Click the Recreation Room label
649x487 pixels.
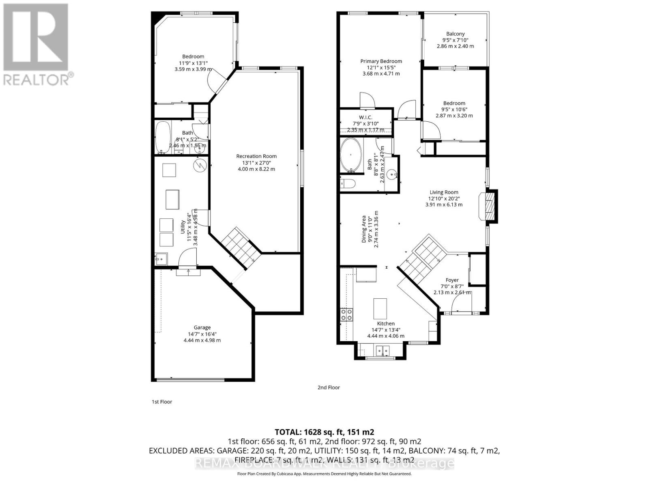click(x=256, y=156)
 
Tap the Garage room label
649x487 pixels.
click(x=202, y=328)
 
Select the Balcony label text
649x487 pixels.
click(x=455, y=34)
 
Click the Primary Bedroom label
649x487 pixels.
click(x=381, y=61)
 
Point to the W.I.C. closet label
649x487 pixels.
click(x=365, y=117)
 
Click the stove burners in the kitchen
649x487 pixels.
click(x=346, y=315)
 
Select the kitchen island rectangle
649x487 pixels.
click(x=380, y=308)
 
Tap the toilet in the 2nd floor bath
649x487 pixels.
click(x=348, y=183)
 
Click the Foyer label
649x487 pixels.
click(x=452, y=280)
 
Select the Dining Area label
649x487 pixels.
click(x=364, y=229)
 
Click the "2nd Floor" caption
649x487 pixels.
click(x=329, y=388)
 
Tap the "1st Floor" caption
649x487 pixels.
click(x=162, y=402)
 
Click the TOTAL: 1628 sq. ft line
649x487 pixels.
click(x=324, y=432)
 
